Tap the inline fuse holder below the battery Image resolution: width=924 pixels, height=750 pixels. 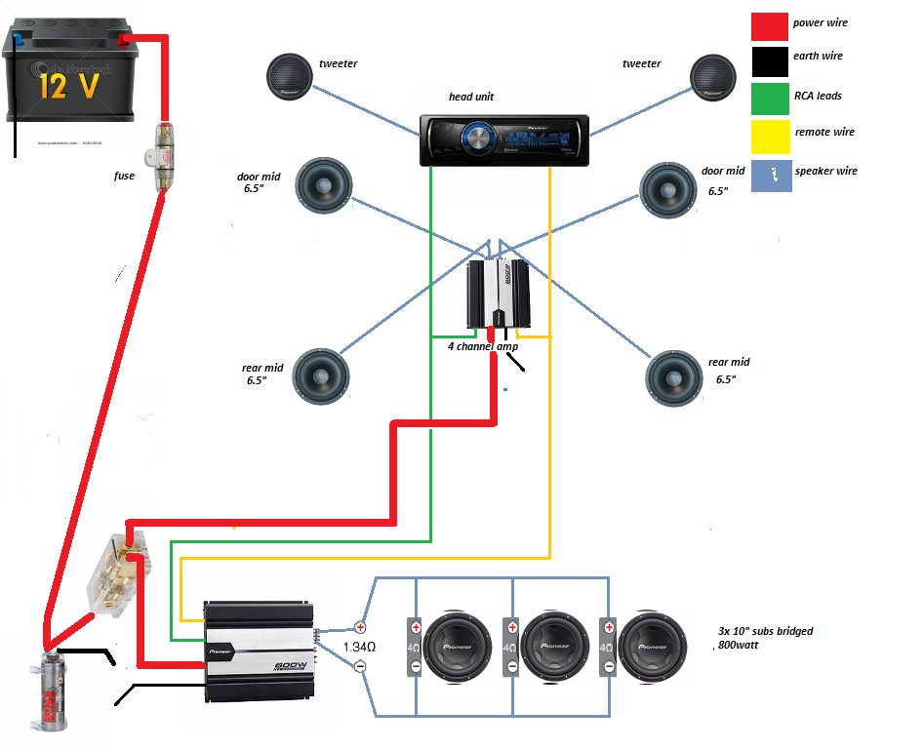163,153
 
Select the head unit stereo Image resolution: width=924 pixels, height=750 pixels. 503,139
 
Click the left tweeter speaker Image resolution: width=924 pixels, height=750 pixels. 291,78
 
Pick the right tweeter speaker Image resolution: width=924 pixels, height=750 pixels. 714,78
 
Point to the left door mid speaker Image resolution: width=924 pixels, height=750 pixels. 323,185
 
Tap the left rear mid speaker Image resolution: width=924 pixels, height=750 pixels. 321,375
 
